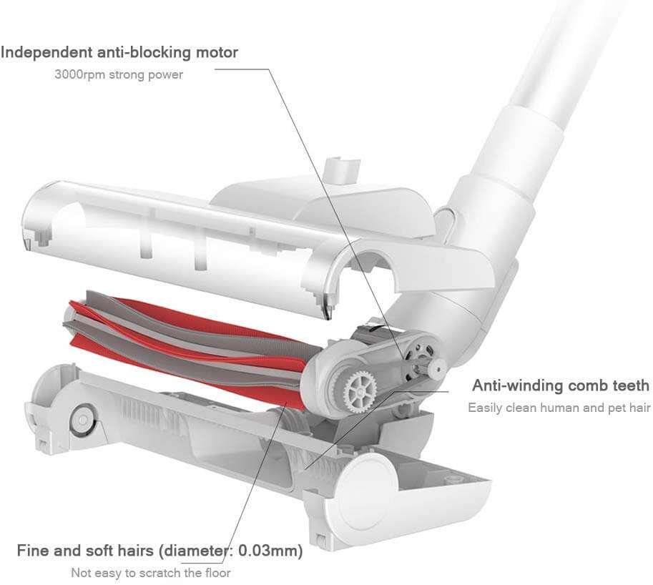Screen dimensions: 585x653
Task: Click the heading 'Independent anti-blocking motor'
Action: [119, 52]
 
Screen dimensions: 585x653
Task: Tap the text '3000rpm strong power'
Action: [119, 74]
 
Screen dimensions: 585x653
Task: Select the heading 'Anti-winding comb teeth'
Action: [561, 386]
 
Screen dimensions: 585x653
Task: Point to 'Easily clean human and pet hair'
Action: [559, 408]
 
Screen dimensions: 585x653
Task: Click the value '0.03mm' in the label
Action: [270, 551]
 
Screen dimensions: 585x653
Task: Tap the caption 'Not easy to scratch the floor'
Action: [151, 572]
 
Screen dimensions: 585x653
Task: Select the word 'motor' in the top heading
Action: [216, 52]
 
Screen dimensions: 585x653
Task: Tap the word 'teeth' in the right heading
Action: [629, 386]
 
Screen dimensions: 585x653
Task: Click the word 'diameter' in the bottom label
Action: [197, 551]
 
